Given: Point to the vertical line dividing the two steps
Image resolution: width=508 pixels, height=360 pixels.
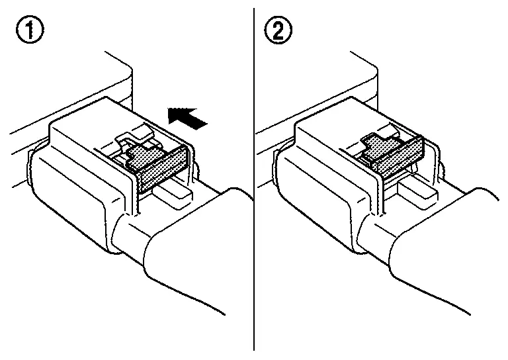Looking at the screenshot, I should [254, 179].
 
